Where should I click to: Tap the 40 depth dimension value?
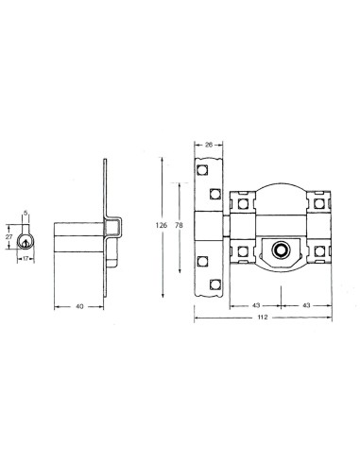coord(81,306)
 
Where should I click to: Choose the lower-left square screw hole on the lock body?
coord(243,250)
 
